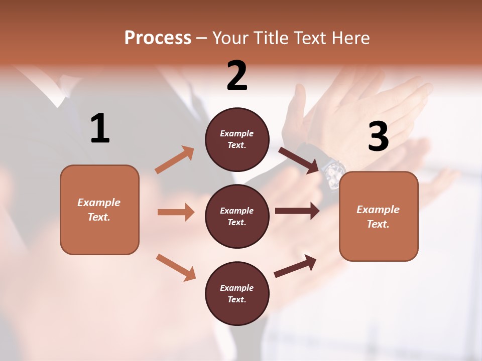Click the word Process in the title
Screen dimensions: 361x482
(x=158, y=38)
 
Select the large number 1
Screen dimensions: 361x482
(x=100, y=129)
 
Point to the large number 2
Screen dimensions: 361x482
(x=237, y=76)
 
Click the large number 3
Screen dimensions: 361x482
(x=379, y=137)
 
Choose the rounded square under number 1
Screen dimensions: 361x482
(x=99, y=210)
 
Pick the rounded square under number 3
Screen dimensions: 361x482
(x=379, y=216)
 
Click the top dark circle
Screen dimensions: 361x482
(x=237, y=139)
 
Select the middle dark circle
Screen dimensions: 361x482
(x=237, y=216)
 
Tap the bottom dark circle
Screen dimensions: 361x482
(x=237, y=293)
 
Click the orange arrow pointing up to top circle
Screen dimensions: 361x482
(x=175, y=160)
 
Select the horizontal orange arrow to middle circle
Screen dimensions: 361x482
(x=176, y=212)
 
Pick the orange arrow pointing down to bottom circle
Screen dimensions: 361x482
(x=176, y=267)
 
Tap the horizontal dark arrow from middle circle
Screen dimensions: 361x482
(x=297, y=211)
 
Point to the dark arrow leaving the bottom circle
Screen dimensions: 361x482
(x=295, y=266)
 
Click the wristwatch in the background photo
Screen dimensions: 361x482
(x=333, y=173)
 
